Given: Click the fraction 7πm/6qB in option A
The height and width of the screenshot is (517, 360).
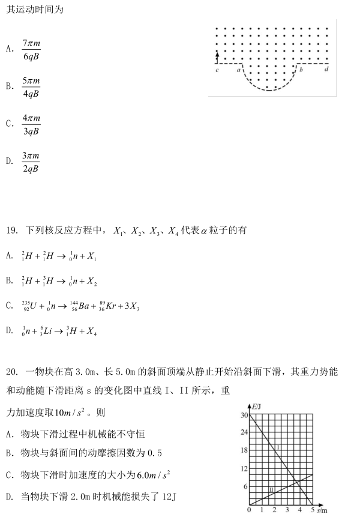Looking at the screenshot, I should pos(31,50).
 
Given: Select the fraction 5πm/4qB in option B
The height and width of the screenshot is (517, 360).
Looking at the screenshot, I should pos(31,86).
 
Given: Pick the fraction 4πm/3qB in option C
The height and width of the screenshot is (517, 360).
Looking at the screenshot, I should pos(31,124).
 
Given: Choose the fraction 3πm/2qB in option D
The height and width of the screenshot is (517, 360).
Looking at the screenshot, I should pos(31,162).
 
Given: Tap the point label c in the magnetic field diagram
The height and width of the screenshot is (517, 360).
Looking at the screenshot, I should pos(217,70).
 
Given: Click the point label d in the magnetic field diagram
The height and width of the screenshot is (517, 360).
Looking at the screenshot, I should pos(326,70).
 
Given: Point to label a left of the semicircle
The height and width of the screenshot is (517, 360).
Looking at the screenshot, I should pos(239,70).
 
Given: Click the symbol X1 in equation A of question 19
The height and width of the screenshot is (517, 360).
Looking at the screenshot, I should pos(91,256).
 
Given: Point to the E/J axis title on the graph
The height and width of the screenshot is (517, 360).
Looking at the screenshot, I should pos(257,407).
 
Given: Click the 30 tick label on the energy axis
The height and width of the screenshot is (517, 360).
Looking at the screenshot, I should pos(244,415).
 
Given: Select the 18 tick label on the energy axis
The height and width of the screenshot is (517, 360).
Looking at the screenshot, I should pos(244,450).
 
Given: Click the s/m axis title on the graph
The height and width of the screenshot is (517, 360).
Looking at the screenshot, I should pos(322,510).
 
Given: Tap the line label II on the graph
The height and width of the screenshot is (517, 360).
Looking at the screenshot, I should pos(271,490).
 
